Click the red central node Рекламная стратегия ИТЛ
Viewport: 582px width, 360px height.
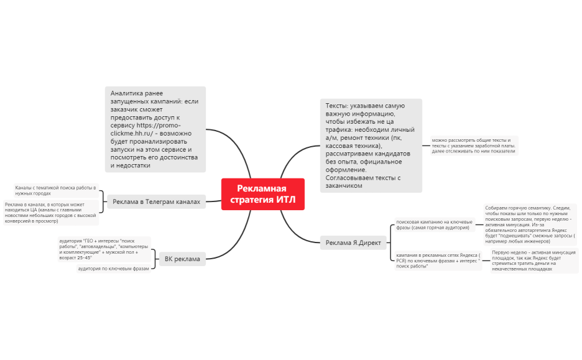click(262, 194)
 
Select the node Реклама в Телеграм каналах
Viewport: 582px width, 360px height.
click(156, 201)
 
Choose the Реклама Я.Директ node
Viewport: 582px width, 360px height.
click(353, 242)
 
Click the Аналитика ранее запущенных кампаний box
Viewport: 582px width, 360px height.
click(155, 129)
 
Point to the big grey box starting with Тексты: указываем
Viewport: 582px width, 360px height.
click(371, 145)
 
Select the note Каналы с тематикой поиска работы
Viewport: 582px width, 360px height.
click(56, 190)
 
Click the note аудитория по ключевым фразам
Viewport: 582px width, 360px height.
click(114, 269)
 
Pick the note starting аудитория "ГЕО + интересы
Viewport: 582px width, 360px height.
click(103, 248)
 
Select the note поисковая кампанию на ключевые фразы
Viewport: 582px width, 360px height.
click(435, 224)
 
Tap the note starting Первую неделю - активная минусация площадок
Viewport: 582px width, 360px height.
click(533, 261)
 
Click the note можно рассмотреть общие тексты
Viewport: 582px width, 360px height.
click(474, 145)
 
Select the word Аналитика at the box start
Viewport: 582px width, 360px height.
click(127, 93)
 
